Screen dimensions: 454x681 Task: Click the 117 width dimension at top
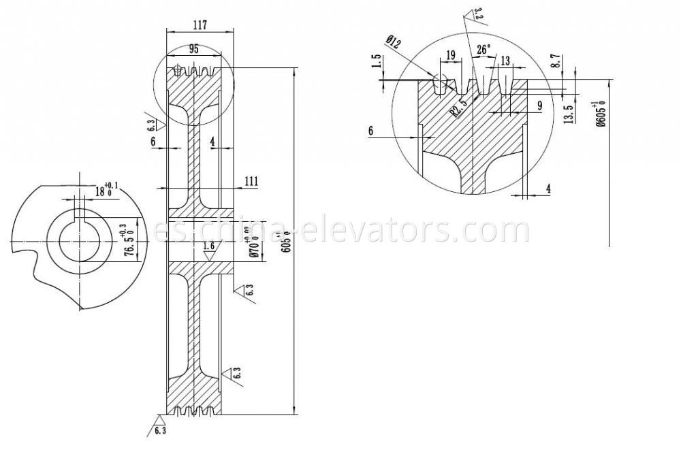(x=200, y=25)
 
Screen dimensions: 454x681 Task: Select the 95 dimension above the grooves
(x=193, y=50)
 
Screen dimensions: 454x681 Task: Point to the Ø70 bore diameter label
(x=253, y=243)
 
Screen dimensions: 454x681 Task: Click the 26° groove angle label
(x=484, y=50)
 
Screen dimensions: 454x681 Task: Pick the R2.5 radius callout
(x=459, y=108)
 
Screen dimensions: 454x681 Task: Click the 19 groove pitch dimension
(x=451, y=55)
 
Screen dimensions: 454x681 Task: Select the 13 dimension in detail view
(x=505, y=61)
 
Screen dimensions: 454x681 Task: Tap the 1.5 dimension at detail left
(x=377, y=63)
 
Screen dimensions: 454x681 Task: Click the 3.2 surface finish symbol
(x=476, y=14)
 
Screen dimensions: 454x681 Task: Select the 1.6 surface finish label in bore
(x=209, y=246)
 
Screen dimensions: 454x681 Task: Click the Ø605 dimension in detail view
(x=598, y=114)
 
